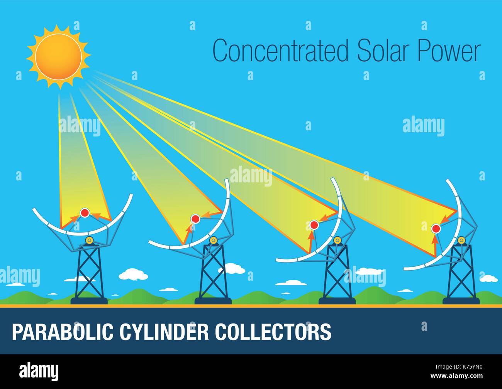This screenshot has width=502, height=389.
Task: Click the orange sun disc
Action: tap(58, 57)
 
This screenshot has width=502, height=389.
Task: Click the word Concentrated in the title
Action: tap(280, 51)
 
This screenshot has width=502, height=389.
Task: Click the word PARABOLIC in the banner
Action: tap(63, 332)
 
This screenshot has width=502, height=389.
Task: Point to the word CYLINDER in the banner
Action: tap(164, 332)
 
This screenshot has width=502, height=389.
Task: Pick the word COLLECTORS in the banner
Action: tap(273, 332)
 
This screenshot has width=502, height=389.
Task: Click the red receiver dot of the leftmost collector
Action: tap(85, 212)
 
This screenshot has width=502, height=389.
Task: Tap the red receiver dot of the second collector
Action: tap(195, 219)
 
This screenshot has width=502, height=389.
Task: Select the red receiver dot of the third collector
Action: tap(314, 225)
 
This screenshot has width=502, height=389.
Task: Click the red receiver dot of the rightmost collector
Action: tap(436, 229)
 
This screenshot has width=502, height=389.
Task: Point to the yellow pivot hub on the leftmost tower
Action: tap(89, 241)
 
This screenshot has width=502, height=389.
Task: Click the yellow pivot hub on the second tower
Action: tap(213, 241)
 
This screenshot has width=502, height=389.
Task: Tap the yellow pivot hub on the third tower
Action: tap(337, 241)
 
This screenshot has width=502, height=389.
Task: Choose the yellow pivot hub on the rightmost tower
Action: tap(461, 241)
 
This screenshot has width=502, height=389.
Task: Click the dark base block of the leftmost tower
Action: tap(89, 301)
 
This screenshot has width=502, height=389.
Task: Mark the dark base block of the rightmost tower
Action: tap(461, 301)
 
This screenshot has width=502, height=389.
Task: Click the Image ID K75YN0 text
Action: tap(459, 367)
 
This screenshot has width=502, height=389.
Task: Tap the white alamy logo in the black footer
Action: tap(39, 372)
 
